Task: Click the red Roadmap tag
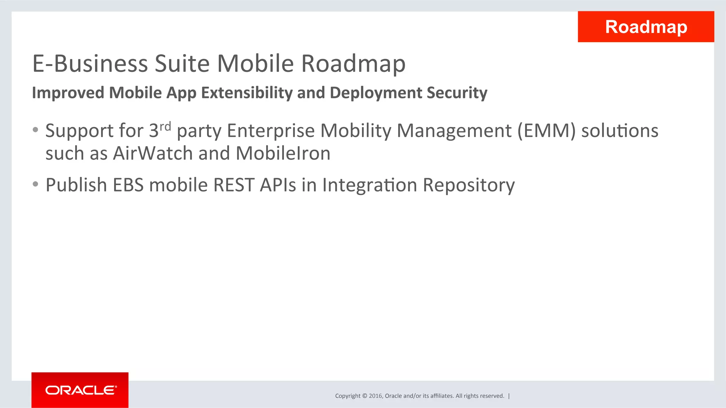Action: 646,27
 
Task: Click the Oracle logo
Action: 80,390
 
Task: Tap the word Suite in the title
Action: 182,64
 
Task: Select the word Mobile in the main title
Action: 255,64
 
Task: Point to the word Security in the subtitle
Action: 457,93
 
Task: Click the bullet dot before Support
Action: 35,130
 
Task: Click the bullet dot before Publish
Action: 35,184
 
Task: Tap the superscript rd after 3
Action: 165,126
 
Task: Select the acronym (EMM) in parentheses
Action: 546,131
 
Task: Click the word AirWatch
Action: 153,154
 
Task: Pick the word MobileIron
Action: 283,154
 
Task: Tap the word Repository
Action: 469,185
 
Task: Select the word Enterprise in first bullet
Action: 271,131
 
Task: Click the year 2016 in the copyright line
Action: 375,396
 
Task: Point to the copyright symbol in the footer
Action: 364,396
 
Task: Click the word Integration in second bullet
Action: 369,185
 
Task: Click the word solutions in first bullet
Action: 620,131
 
